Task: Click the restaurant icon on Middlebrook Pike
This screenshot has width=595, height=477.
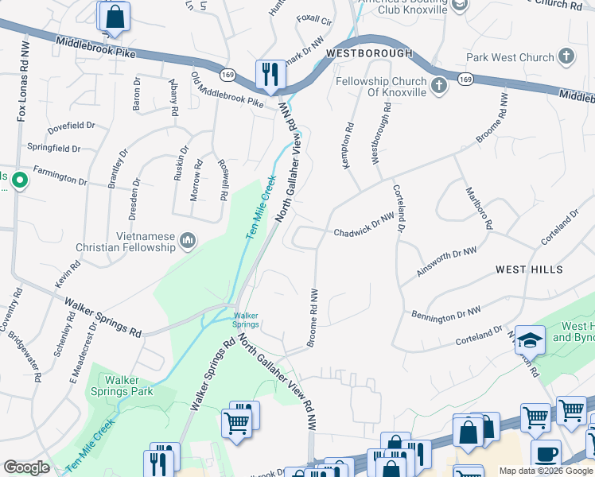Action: point(270,75)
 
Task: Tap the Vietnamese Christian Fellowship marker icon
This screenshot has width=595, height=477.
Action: point(187,238)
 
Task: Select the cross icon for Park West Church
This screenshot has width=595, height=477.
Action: point(566,57)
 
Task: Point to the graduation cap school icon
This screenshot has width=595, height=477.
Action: point(529,340)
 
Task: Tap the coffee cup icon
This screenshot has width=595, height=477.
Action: point(545,454)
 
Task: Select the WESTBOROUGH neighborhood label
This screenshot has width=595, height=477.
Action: point(369,53)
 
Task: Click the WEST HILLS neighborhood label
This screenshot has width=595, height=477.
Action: point(529,270)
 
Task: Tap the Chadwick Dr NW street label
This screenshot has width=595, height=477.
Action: point(364,225)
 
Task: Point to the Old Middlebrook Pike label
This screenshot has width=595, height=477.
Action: point(227,90)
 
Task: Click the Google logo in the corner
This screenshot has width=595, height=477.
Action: point(26,467)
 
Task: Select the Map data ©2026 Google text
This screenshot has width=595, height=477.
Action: point(546,471)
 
